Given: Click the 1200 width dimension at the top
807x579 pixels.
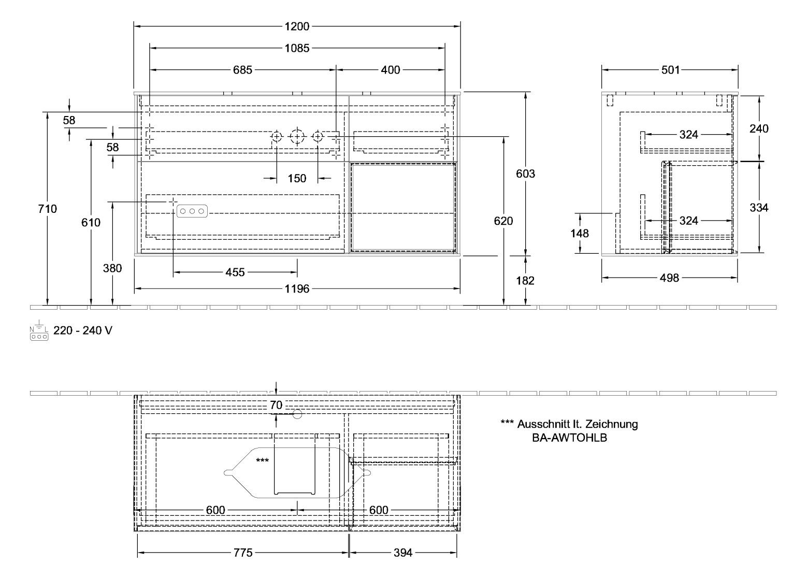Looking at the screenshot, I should point(296,26).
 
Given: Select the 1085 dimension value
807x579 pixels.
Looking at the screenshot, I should point(297,48).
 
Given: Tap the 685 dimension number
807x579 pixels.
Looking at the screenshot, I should point(242,70).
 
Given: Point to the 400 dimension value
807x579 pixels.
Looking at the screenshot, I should point(390,70).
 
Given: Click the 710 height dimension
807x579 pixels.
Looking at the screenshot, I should point(48,209).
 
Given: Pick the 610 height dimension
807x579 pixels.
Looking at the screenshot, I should point(91,223).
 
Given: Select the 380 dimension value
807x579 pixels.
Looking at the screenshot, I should point(112,268).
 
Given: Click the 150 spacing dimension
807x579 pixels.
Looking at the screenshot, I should point(297,179).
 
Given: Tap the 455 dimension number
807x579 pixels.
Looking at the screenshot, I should point(235,272).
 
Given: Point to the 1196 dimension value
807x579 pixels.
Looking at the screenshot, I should point(297,289).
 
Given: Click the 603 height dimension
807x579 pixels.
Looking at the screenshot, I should point(526,174).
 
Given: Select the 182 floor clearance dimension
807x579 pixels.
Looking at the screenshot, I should point(526,281).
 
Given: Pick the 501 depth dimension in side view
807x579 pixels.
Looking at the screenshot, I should point(670,70).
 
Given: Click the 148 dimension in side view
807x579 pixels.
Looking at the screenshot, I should point(579,234).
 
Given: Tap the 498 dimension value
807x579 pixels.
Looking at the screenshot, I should point(669,279).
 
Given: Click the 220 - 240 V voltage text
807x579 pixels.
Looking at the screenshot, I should point(82,330).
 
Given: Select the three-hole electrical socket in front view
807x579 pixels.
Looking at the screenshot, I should point(192,211).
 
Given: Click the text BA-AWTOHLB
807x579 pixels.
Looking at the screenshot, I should point(569,438).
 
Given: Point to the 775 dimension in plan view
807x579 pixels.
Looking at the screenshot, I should point(242,553).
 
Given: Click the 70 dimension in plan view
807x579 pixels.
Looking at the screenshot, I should point(277,406).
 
